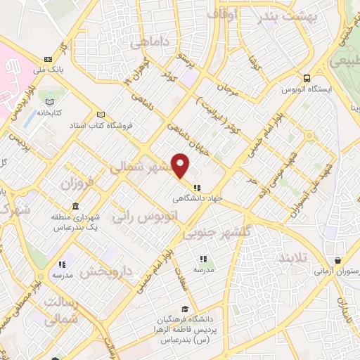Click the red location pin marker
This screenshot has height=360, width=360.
[x=181, y=166]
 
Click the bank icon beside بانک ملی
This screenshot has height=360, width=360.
[x=48, y=59]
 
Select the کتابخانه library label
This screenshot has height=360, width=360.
[x=50, y=112]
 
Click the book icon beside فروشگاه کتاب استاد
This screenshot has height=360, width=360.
[x=101, y=115]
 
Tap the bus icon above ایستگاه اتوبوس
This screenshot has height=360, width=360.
[x=307, y=79]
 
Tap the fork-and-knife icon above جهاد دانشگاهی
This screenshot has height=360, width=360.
[x=197, y=188]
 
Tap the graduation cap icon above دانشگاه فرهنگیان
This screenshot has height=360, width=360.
[x=184, y=309]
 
